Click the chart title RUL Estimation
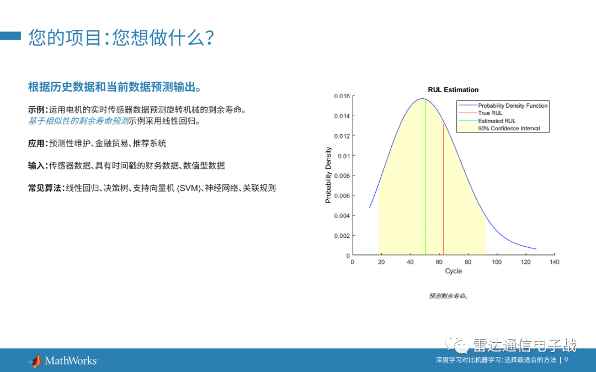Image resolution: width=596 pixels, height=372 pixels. (453, 90)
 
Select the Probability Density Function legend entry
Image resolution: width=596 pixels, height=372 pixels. (513, 105)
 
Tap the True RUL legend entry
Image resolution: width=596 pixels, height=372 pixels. (490, 113)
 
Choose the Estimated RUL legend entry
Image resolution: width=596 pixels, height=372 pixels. (497, 121)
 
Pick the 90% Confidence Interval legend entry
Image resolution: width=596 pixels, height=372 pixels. (509, 129)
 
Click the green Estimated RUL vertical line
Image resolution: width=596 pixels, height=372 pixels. (425, 182)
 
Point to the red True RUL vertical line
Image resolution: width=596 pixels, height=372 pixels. (444, 193)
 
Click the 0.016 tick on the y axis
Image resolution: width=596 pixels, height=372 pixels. (342, 96)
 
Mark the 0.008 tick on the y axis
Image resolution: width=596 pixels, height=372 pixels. (342, 176)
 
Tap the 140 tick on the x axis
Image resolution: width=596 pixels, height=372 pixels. (555, 262)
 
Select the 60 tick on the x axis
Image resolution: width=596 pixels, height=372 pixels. (439, 262)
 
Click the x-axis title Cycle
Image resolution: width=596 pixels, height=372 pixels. (453, 271)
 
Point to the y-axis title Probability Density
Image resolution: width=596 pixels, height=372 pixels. (328, 175)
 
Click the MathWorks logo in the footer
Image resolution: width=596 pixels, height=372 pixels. (63, 361)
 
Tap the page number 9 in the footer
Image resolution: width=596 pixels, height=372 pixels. (566, 360)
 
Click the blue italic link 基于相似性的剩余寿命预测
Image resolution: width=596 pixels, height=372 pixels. (78, 121)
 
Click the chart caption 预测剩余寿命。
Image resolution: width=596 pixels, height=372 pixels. (449, 296)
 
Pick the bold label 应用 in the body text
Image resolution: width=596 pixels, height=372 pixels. (36, 144)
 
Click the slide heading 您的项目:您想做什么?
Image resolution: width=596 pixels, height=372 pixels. (121, 38)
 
